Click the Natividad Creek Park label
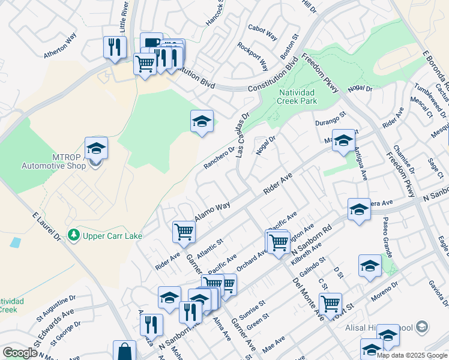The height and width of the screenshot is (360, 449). tap(297, 97)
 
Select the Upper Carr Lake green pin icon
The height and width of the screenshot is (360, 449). tap(74, 235)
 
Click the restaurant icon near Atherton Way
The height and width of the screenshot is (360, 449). tap(114, 47)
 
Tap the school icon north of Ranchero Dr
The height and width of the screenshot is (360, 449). tap(202, 122)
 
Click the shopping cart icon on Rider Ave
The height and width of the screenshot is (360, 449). tap(184, 232)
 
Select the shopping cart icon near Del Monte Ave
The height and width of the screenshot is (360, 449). tap(330, 303)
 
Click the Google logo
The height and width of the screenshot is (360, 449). tap(20, 353)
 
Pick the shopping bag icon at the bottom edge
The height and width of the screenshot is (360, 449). tap(124, 351)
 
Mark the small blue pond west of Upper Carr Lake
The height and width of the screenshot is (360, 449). tap(15, 243)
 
